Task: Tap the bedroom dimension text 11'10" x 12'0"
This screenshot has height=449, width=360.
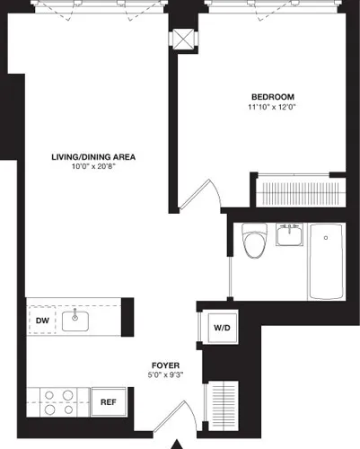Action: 271,108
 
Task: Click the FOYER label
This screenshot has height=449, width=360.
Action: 162,365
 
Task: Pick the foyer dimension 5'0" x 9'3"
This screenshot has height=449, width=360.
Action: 162,377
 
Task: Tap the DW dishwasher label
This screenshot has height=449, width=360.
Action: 41,321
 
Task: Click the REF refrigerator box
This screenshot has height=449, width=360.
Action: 108,401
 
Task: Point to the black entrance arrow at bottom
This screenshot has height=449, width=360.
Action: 178,442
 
